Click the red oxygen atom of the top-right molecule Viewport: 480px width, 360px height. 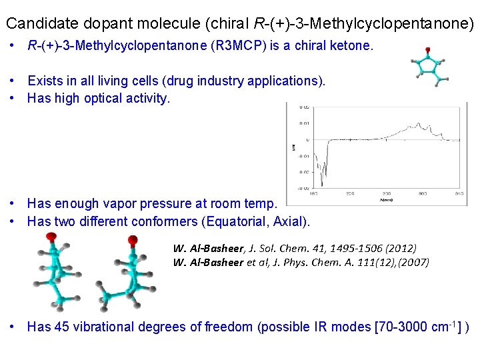point(427,50)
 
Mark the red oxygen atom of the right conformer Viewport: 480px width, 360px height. point(133,240)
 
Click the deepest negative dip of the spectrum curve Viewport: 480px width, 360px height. point(322,185)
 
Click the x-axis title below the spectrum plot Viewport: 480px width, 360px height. point(386,199)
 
